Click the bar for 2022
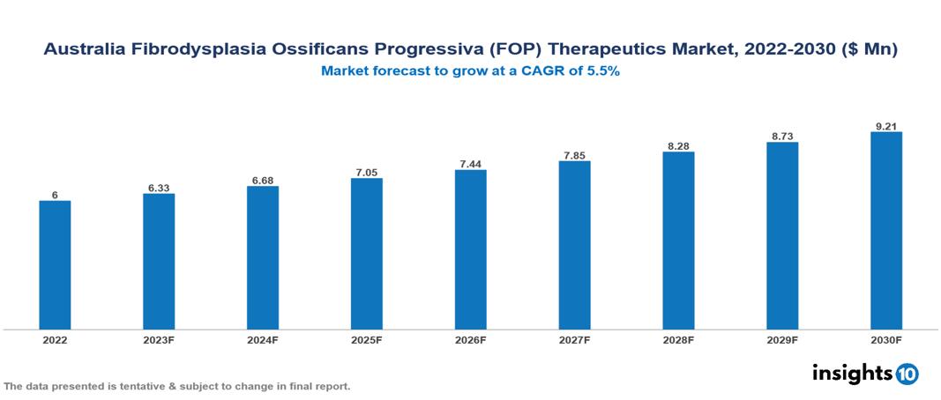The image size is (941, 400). click(55, 265)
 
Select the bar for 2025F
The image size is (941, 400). click(366, 254)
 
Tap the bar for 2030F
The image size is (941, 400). click(885, 231)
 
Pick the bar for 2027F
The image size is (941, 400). click(574, 245)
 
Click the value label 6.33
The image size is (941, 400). click(159, 188)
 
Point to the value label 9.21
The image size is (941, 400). click(885, 126)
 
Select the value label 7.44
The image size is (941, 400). click(470, 164)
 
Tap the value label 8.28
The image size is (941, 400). click(678, 145)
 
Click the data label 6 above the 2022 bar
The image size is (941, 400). click(55, 195)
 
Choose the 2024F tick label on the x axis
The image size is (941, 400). click(263, 340)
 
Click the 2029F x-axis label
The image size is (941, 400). click(782, 340)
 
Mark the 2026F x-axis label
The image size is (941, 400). click(470, 340)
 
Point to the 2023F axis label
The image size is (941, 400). click(159, 340)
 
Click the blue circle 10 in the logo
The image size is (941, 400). click(907, 374)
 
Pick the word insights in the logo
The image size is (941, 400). click(852, 373)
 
